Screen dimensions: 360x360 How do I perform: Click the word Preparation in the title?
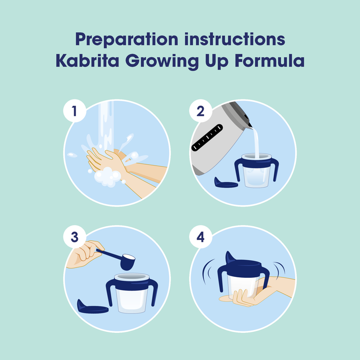pyautogui.click(x=127, y=40)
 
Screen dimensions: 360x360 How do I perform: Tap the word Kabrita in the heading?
pyautogui.click(x=87, y=61)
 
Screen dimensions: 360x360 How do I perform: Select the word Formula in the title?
pyautogui.click(x=269, y=61)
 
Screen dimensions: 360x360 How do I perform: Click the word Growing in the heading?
pyautogui.click(x=162, y=62)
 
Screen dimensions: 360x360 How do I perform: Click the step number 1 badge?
pyautogui.click(x=75, y=111)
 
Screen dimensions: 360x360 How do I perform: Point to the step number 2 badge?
pyautogui.click(x=200, y=111)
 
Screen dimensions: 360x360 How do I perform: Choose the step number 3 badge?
pyautogui.click(x=75, y=237)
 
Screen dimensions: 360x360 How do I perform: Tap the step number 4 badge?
pyautogui.click(x=200, y=237)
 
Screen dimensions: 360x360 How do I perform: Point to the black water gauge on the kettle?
pyautogui.click(x=207, y=138)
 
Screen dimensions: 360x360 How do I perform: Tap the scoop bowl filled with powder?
pyautogui.click(x=128, y=261)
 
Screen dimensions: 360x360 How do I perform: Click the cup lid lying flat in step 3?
pyautogui.click(x=92, y=306)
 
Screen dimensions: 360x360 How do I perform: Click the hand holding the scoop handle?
pyautogui.click(x=85, y=254)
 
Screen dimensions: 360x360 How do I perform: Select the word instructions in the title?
pyautogui.click(x=235, y=39)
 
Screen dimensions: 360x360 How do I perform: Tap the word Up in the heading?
pyautogui.click(x=217, y=62)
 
